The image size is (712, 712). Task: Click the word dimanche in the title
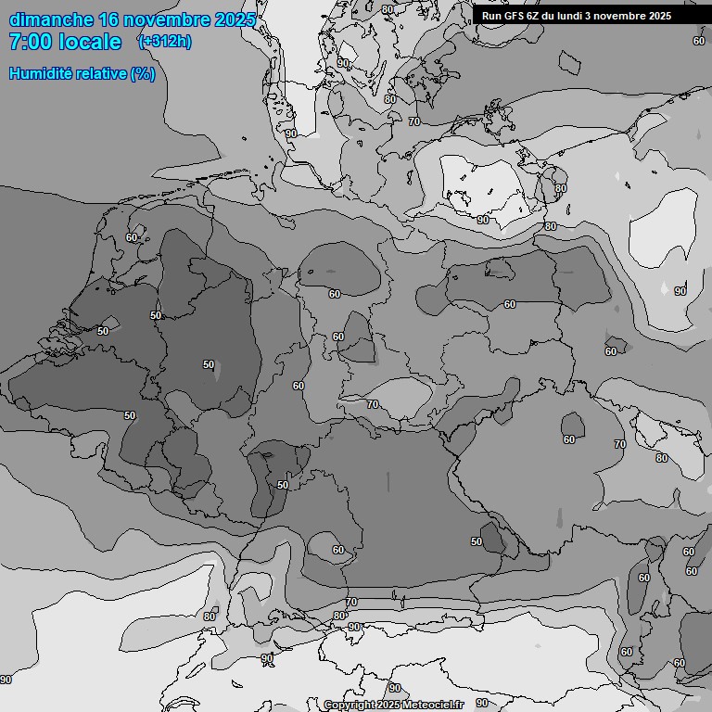(49, 19)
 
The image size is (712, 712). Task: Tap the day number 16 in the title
(107, 19)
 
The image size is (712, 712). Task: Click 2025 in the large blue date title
(235, 19)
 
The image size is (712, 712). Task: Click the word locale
(89, 42)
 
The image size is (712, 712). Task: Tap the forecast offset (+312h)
(165, 42)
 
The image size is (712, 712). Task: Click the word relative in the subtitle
(99, 73)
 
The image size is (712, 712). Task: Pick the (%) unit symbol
(143, 73)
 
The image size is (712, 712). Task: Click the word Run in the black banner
(491, 16)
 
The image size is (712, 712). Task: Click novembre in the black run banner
(624, 16)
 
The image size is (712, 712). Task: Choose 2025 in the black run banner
(660, 16)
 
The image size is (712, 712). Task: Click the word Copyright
(349, 705)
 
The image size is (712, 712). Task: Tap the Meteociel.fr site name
(433, 705)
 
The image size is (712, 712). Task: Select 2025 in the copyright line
(388, 705)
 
